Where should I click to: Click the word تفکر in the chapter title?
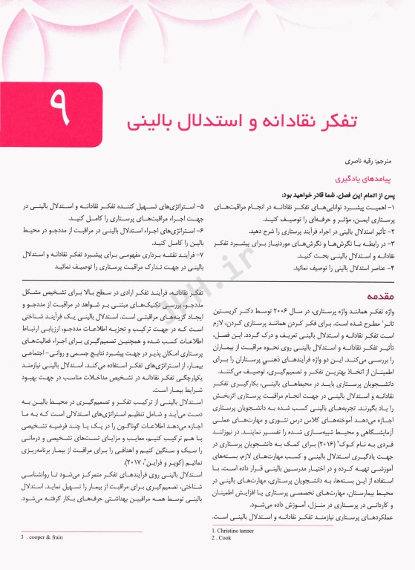pos(369,119)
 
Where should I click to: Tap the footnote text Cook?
pos(226,558)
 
